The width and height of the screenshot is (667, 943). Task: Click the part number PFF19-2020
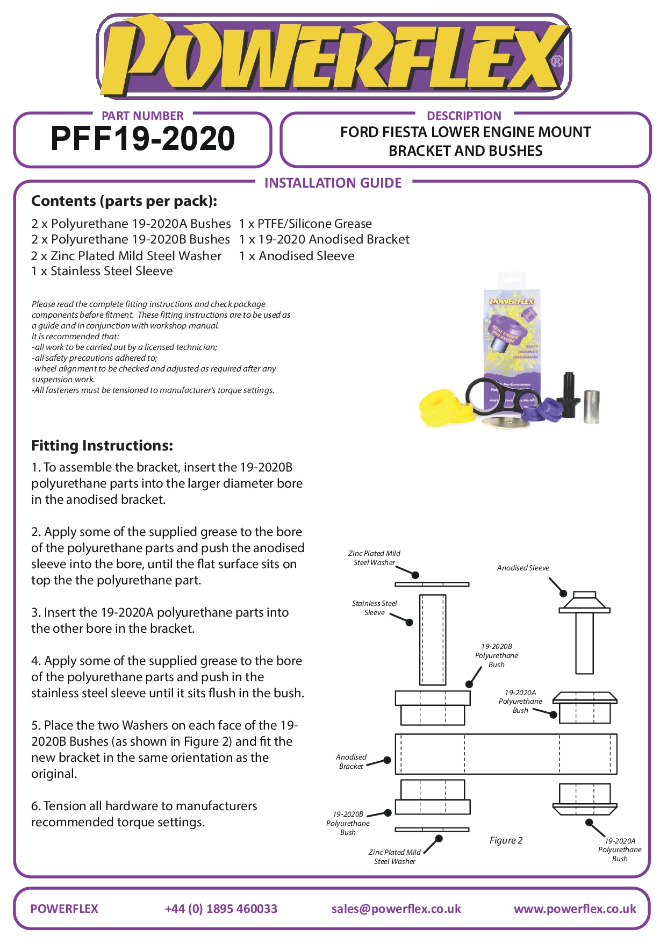tap(142, 139)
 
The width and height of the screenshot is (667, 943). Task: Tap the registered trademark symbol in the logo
tap(557, 61)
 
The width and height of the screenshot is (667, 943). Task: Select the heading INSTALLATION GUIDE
tap(333, 183)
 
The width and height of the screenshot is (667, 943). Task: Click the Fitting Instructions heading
tap(102, 446)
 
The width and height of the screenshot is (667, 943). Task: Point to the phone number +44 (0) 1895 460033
tap(221, 909)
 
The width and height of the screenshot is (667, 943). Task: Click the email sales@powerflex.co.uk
tap(396, 909)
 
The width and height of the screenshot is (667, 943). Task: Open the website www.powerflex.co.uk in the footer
tap(575, 909)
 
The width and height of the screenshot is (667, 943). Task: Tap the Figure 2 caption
tap(506, 840)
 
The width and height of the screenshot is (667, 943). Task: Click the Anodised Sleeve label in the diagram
tap(523, 568)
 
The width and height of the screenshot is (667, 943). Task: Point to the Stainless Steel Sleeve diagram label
tap(374, 608)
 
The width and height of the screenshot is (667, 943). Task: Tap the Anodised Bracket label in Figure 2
tap(351, 761)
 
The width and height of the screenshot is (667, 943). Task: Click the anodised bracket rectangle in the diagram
tap(506, 754)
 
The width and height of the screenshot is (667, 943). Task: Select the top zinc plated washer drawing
tap(432, 584)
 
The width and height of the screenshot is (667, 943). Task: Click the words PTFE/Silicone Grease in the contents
tap(314, 224)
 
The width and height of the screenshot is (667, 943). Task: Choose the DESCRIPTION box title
tap(464, 116)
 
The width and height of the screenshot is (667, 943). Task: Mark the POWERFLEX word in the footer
tap(64, 909)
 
